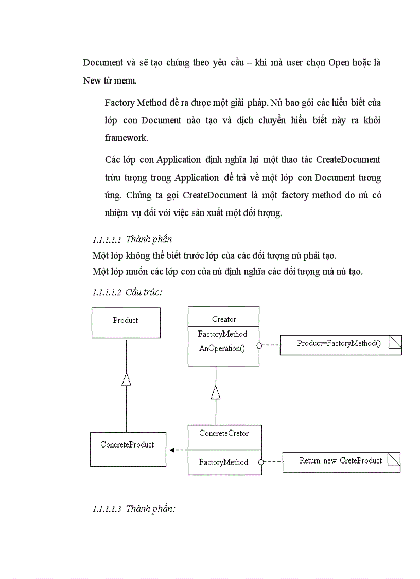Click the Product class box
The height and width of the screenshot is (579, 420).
[126, 323]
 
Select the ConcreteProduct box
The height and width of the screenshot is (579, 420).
[128, 449]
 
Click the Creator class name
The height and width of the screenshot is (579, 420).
[224, 319]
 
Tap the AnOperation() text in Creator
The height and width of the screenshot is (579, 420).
[222, 348]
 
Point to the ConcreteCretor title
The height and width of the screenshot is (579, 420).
[224, 433]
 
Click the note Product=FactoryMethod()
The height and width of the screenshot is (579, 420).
[340, 344]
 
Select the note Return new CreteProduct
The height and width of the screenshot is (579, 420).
[341, 461]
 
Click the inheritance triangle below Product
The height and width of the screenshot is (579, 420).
[126, 379]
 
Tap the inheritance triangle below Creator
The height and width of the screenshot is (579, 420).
[216, 392]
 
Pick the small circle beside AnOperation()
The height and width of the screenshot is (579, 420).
[259, 345]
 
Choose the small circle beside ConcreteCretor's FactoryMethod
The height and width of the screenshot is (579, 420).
[261, 462]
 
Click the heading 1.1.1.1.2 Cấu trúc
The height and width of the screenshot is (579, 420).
[127, 292]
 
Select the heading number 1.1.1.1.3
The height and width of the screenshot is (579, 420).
[107, 509]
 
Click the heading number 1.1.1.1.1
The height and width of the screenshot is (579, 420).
[107, 240]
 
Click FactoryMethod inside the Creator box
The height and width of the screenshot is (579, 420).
[222, 334]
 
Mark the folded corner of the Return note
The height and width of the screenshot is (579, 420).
[394, 459]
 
